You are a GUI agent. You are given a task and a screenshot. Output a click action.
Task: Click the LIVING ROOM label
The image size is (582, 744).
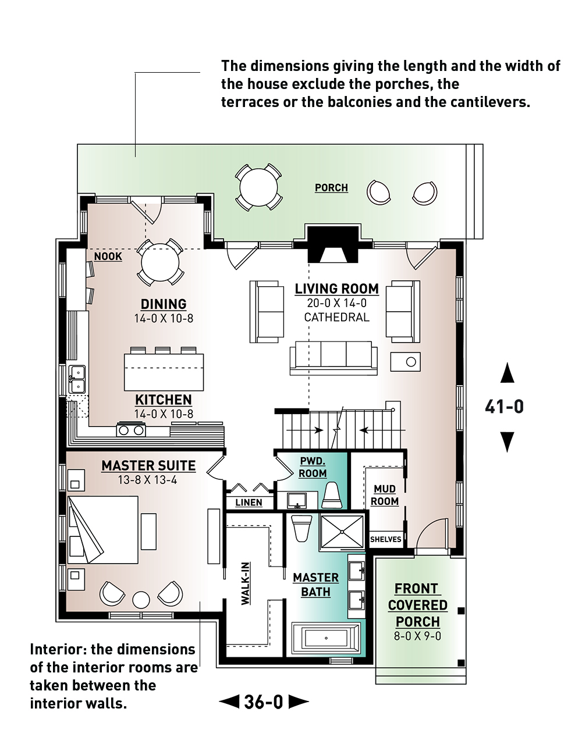(336, 289)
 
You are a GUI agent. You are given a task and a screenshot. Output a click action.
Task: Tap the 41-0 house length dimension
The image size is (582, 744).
(504, 407)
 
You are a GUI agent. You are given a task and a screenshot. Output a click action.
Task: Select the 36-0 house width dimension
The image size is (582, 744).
(264, 702)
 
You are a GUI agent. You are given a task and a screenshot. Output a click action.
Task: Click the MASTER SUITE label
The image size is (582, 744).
(148, 465)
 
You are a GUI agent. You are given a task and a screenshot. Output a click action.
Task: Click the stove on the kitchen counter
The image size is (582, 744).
(132, 430)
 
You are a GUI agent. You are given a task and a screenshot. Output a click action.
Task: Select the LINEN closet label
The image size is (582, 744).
(249, 503)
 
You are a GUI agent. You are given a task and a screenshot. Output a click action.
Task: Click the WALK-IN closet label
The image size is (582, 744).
(246, 583)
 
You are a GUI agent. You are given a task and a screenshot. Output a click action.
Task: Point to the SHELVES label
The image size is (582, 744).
(385, 539)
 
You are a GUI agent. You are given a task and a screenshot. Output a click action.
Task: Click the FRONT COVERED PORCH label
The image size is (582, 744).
(417, 605)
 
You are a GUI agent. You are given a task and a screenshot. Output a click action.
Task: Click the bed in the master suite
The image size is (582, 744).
(104, 529)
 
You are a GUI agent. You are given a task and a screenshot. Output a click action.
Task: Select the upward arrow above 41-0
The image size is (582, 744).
(508, 372)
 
